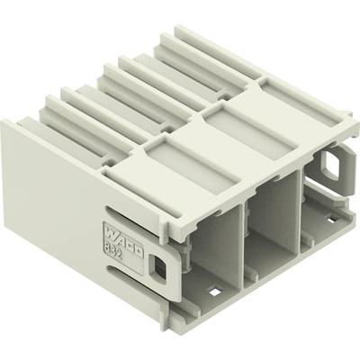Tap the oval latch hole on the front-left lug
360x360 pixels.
[161, 267]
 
